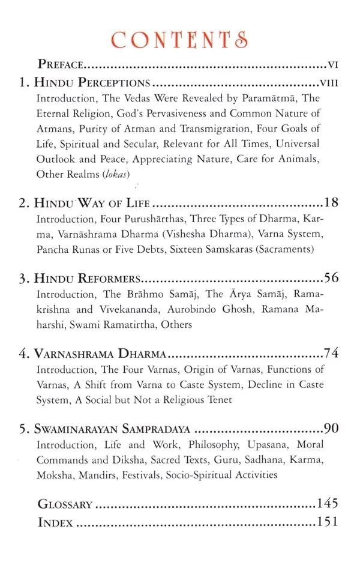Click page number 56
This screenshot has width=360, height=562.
[x=331, y=278]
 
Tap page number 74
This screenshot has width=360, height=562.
[x=331, y=353]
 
